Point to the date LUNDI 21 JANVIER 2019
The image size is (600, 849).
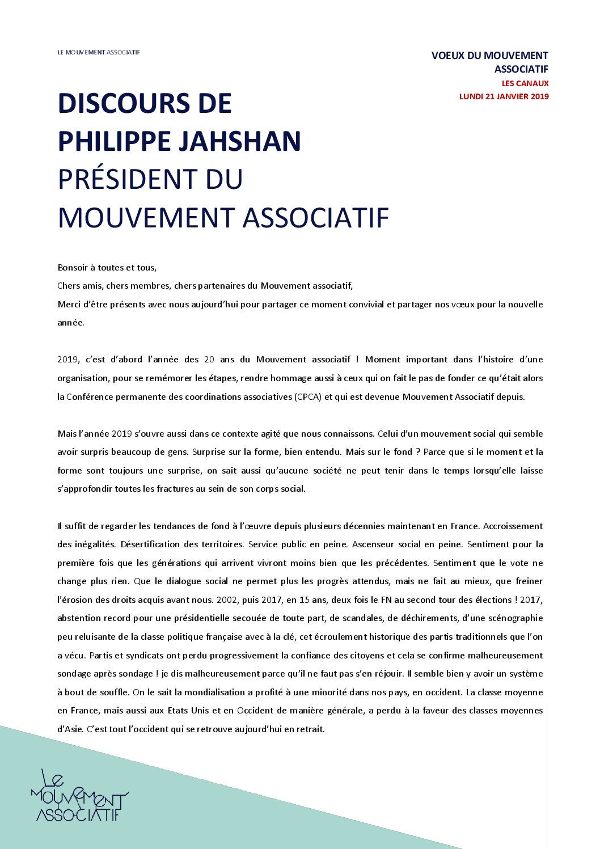(504, 96)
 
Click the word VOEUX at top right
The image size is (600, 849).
(447, 56)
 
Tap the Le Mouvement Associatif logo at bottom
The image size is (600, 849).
(79, 796)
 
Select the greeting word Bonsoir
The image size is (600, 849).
(73, 268)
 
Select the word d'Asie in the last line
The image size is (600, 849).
(70, 729)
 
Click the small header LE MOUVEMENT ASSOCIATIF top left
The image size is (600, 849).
(99, 52)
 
